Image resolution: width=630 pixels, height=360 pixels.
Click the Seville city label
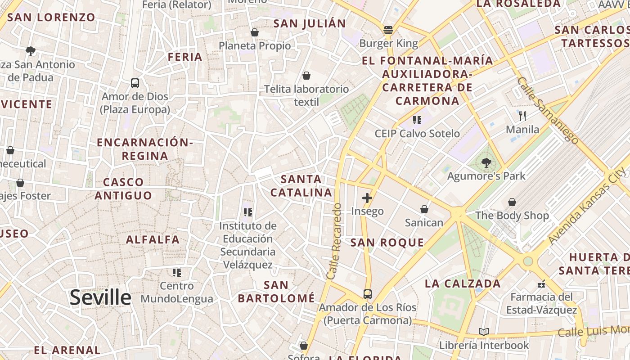[x=100, y=297]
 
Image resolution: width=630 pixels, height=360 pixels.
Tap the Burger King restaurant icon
[x=388, y=31]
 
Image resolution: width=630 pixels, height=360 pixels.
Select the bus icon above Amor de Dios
[x=135, y=83]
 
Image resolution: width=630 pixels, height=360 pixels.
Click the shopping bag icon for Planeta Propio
[x=255, y=32]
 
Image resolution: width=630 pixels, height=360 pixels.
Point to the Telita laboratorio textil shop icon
[x=306, y=75]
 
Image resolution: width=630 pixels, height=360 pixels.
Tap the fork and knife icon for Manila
[x=522, y=116]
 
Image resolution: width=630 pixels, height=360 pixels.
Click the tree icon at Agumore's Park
[x=486, y=163]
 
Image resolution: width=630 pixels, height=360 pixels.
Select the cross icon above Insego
[x=367, y=198]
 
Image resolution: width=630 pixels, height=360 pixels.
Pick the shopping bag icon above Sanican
[x=424, y=209]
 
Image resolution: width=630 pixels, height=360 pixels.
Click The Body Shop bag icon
[x=512, y=202]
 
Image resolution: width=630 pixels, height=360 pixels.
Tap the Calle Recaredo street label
[x=335, y=241]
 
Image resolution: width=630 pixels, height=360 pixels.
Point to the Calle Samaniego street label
[x=547, y=110]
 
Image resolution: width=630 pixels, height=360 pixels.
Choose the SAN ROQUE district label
[x=387, y=243]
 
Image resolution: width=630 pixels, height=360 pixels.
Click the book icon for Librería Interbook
[x=484, y=332]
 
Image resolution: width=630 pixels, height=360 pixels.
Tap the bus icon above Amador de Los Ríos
[x=368, y=294]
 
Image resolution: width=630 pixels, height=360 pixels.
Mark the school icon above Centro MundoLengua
[x=177, y=272]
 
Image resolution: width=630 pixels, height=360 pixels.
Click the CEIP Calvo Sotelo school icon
[x=417, y=120]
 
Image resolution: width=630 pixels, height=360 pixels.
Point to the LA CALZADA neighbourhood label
[x=463, y=283]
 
